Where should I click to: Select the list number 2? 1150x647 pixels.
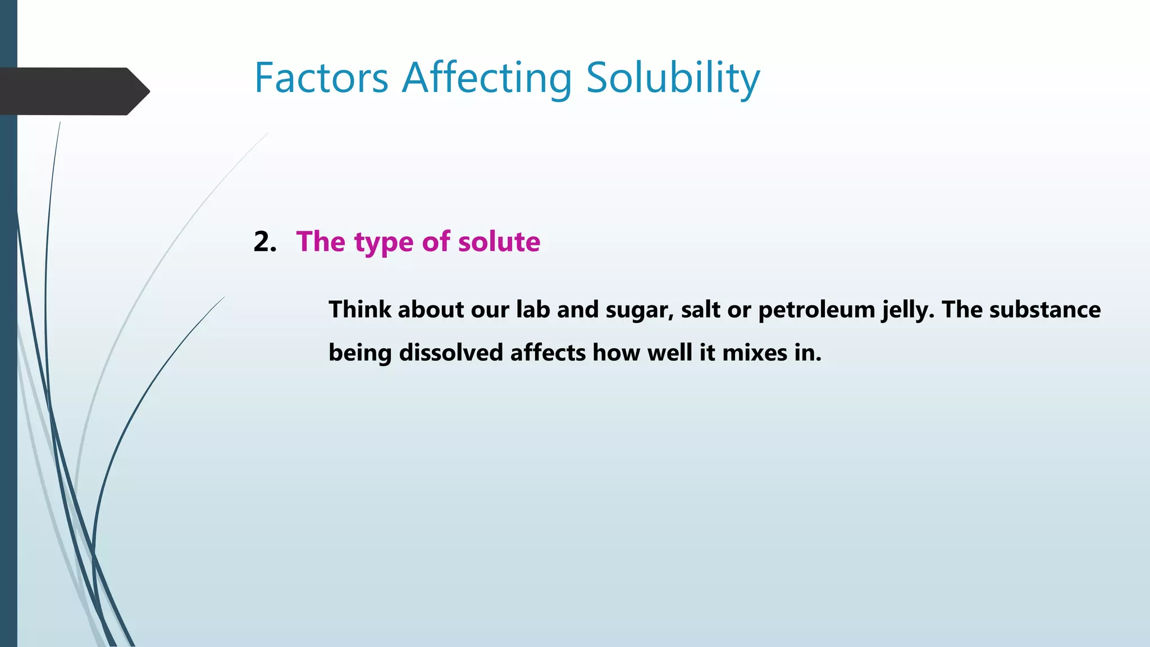pos(264,242)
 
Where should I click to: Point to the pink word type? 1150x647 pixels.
pos(384,243)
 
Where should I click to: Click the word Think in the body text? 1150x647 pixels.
pos(359,309)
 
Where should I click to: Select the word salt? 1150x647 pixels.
pos(700,309)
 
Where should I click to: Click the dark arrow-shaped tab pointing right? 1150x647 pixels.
pos(73,91)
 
